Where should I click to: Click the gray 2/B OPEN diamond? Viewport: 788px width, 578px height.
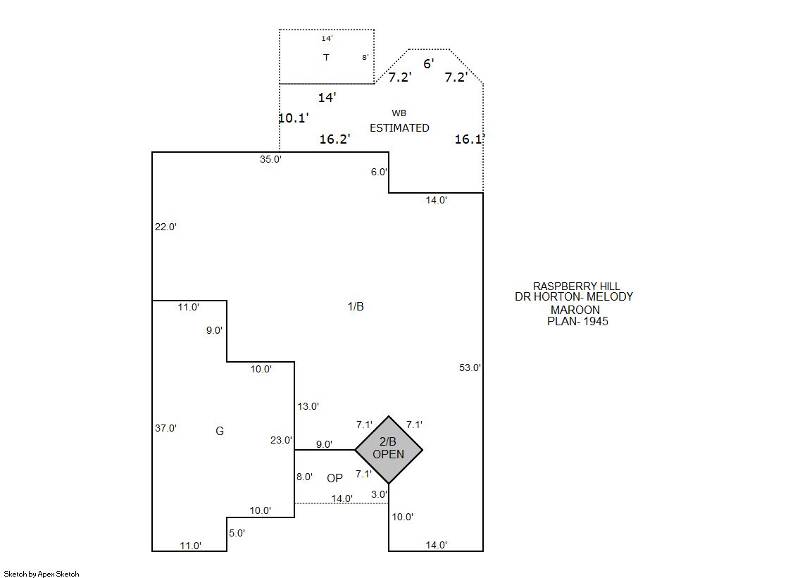pyautogui.click(x=389, y=450)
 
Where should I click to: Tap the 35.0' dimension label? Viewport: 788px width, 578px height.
pyautogui.click(x=270, y=159)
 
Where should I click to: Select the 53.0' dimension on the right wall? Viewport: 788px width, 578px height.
pyautogui.click(x=470, y=367)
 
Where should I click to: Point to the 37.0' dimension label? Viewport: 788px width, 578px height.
pyautogui.click(x=165, y=428)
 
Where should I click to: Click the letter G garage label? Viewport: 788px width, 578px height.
pyautogui.click(x=220, y=432)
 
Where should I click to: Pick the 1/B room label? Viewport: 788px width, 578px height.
pyautogui.click(x=356, y=306)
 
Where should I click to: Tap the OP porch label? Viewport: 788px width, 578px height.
pyautogui.click(x=334, y=478)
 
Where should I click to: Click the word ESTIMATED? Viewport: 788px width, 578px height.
pyautogui.click(x=399, y=128)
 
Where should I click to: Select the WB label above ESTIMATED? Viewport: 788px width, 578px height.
pyautogui.click(x=399, y=113)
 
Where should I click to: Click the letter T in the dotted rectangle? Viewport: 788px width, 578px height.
pyautogui.click(x=326, y=57)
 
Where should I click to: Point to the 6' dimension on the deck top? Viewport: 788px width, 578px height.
pyautogui.click(x=429, y=64)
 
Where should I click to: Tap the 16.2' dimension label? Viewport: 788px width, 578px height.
pyautogui.click(x=334, y=139)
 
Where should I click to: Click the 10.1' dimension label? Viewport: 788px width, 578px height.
pyautogui.click(x=294, y=118)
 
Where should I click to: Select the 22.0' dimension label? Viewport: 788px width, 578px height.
pyautogui.click(x=165, y=227)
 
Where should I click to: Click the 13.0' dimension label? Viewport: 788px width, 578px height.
pyautogui.click(x=308, y=406)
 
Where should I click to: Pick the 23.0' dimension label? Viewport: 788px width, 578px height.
pyautogui.click(x=281, y=440)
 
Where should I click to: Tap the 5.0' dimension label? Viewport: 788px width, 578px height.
pyautogui.click(x=237, y=533)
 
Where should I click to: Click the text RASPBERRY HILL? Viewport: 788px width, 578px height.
pyautogui.click(x=577, y=286)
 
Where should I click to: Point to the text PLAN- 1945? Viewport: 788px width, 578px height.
pyautogui.click(x=577, y=321)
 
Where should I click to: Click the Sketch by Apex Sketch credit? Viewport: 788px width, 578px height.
pyautogui.click(x=42, y=574)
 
